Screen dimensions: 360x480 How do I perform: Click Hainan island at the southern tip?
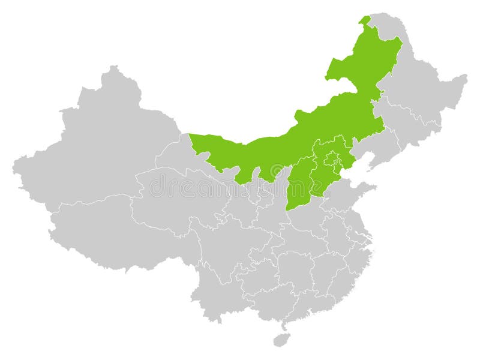pos(280,340)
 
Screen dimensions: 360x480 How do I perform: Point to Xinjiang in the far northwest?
pos(102,144)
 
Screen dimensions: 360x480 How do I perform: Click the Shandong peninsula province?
pos(351,198)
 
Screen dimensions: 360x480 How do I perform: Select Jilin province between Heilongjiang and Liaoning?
pos(408,126)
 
